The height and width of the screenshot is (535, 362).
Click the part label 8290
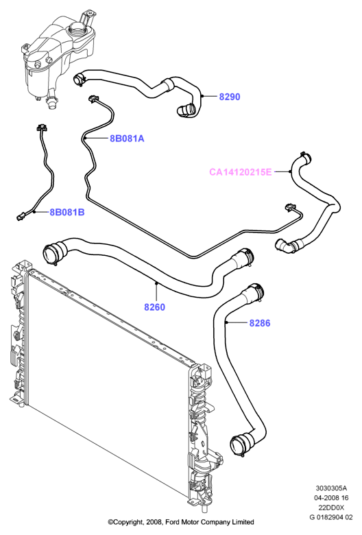[x=229, y=97]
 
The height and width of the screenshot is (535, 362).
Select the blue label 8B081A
[x=127, y=139]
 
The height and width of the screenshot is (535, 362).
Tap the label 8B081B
[x=67, y=212]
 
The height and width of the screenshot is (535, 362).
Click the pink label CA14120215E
[x=241, y=172]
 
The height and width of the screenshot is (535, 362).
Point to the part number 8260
[x=154, y=307]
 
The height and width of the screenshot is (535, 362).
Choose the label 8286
[x=260, y=323]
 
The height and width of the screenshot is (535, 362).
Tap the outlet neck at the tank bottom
[x=51, y=101]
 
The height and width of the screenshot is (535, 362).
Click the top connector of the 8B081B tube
[x=41, y=128]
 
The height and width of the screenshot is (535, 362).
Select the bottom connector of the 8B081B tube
[x=21, y=215]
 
